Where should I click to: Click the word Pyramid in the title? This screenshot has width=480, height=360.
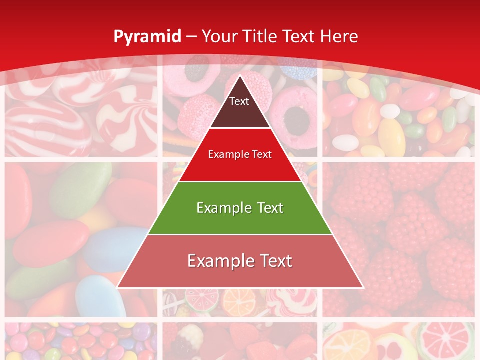pos(147,36)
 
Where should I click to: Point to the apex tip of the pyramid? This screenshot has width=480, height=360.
pos(240,76)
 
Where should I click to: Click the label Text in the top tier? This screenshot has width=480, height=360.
pos(239,101)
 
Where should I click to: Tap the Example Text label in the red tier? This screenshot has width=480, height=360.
pos(240,154)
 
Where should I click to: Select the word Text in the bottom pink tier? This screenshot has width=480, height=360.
pos(271,261)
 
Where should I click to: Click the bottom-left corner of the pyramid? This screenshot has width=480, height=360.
pos(117,287)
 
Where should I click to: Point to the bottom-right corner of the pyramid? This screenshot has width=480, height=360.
pos(363,287)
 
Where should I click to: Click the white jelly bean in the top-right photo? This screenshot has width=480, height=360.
pos(390,111)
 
